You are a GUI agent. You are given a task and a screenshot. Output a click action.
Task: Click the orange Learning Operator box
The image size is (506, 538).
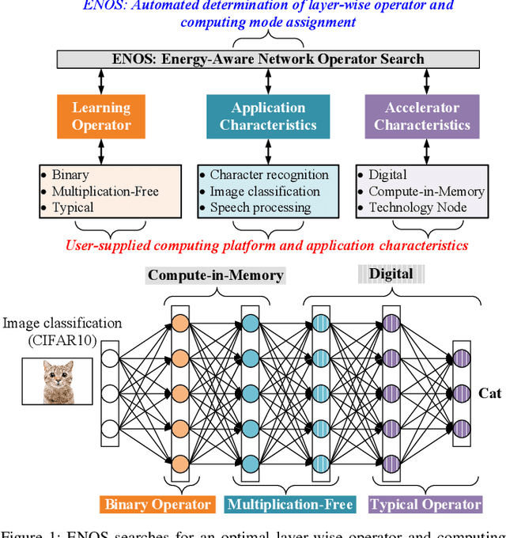[x=101, y=116]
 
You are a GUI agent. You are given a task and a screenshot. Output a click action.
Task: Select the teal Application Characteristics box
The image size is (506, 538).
[x=268, y=116]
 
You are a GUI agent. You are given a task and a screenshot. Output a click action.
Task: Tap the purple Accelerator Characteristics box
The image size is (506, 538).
[x=421, y=116]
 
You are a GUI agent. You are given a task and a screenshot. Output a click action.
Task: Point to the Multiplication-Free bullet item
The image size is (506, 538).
[x=104, y=191]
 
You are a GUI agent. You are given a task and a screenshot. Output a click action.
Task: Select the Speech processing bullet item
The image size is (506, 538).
[x=259, y=208]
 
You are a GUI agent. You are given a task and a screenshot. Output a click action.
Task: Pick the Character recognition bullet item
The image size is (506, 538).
[x=269, y=175]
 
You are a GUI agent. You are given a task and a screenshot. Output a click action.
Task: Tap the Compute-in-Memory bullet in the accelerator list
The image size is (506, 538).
[x=426, y=191]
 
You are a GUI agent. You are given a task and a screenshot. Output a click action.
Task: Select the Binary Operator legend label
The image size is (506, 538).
[x=158, y=504]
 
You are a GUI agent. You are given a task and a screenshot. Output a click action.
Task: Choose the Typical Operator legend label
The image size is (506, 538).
[x=425, y=504]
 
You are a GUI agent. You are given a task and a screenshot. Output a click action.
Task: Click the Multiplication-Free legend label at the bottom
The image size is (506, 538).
[x=289, y=504]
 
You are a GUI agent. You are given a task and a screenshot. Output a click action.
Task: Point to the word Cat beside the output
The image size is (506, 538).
[x=489, y=393]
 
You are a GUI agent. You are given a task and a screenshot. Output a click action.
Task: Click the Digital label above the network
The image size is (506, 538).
[x=391, y=275]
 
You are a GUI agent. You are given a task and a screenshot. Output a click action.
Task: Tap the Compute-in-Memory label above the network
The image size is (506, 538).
[x=216, y=275]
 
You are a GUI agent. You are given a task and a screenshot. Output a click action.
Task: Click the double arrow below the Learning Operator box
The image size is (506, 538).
[x=101, y=150]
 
